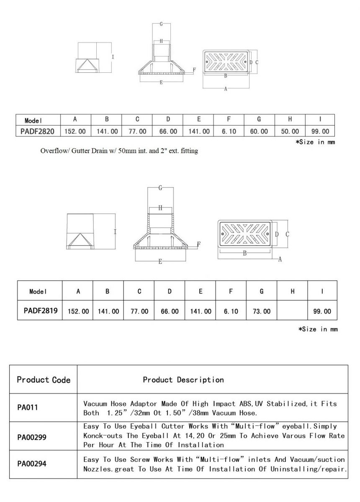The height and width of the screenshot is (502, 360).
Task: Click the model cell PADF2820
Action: pos(37,131)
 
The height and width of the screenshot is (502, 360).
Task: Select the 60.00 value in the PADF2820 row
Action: pos(259,131)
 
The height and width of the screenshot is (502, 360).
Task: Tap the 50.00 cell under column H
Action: pos(290,131)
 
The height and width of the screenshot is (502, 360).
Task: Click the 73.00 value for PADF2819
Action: pos(262,311)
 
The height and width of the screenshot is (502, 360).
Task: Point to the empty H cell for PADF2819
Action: pos(292,311)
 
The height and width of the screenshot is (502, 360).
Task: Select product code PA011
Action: pos(28,407)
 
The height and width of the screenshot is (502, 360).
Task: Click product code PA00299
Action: pos(32,438)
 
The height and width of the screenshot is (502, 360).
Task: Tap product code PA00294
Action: pos(32,464)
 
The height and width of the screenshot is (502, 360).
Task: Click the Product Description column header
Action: pos(183,380)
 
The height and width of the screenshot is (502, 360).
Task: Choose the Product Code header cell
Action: pos(44,380)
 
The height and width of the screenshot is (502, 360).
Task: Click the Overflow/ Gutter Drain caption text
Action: pos(119,151)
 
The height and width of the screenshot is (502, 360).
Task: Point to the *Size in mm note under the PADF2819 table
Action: pos(318,329)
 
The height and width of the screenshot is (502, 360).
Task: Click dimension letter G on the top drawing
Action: pos(161,24)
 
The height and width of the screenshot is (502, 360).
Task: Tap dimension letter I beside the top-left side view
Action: pos(113,56)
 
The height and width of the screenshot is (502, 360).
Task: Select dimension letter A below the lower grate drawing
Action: pos(280,259)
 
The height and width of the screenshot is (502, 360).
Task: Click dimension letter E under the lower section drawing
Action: pos(160,261)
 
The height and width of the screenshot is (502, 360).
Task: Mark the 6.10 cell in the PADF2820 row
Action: pos(229,131)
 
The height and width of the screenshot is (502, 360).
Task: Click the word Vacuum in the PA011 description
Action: pos(97,404)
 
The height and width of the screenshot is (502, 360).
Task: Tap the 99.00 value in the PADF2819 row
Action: pos(322,311)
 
